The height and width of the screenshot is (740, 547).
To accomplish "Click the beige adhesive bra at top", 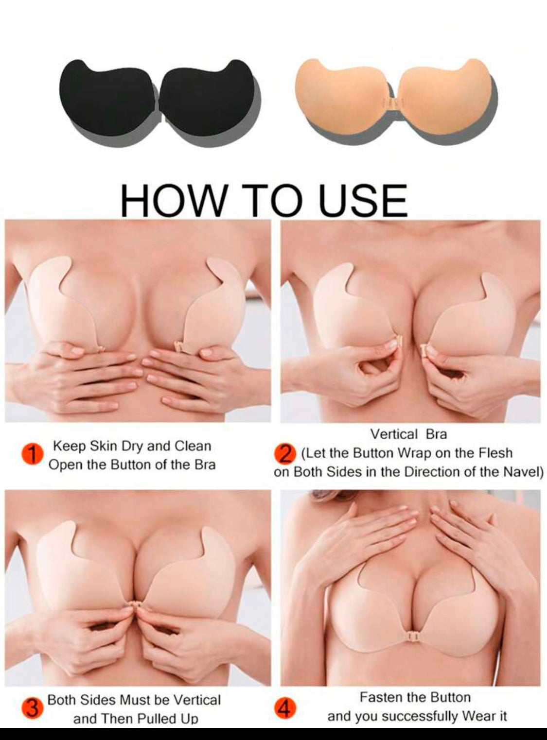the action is pos(396,100).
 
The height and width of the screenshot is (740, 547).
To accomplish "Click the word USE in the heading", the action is pos(363,200).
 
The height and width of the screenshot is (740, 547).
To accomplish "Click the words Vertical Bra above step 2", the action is pos(408,435).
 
